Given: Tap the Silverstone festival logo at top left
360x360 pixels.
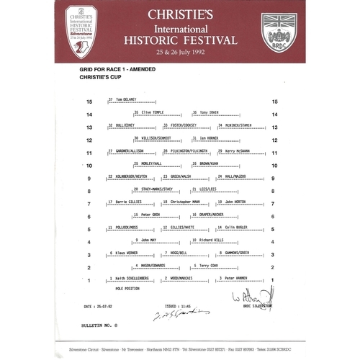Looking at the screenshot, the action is pos(81,30).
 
